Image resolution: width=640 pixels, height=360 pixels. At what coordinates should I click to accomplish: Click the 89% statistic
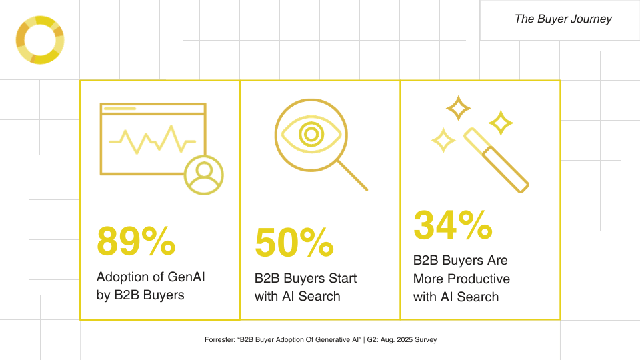(136, 241)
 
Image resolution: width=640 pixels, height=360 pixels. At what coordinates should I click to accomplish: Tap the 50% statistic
(294, 243)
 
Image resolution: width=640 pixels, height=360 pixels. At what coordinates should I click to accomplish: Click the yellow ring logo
(39, 41)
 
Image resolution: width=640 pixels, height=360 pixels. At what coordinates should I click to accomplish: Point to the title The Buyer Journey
(563, 19)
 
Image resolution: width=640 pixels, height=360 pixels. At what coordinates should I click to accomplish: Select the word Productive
(478, 279)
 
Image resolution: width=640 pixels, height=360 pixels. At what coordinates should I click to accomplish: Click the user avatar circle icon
(203, 175)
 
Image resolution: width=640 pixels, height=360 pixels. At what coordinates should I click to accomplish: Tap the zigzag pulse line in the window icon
(152, 138)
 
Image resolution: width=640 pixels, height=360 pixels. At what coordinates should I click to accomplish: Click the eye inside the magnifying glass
(310, 134)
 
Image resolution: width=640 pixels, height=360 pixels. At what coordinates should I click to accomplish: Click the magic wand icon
(496, 160)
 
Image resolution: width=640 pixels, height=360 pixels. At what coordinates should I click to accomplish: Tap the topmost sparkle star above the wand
(458, 108)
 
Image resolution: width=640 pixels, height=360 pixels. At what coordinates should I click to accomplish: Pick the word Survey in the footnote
(423, 340)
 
